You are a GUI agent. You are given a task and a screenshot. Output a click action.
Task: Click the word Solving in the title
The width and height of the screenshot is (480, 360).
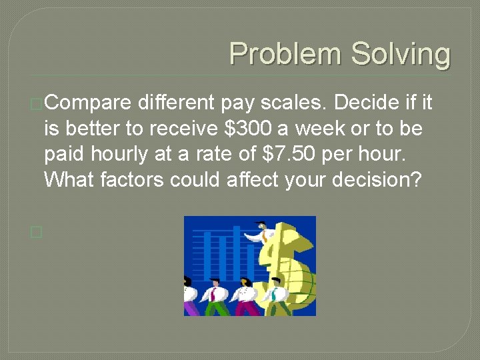(401, 54)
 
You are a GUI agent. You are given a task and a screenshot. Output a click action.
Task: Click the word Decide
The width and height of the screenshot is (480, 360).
(365, 103)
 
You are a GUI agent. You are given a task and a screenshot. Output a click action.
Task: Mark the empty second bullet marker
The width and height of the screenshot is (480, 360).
(36, 232)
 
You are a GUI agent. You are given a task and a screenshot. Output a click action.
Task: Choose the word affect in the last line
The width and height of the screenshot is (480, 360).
(246, 179)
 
